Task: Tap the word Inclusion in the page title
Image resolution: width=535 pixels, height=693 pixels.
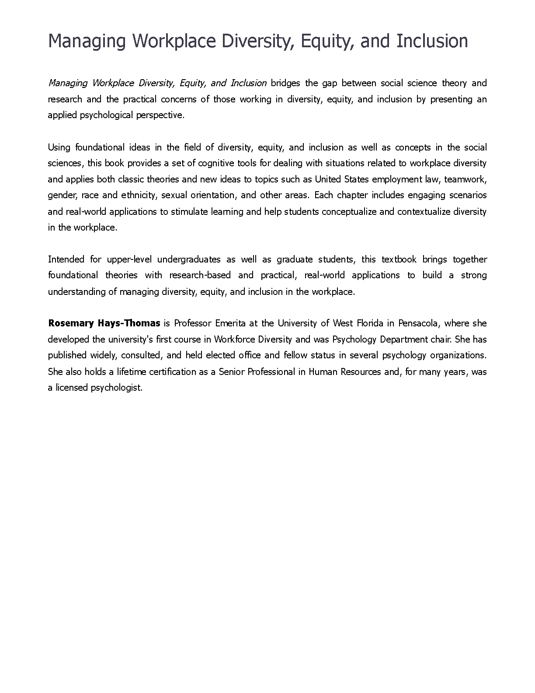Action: (x=432, y=41)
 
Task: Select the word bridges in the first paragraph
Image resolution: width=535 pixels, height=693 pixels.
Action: (x=285, y=83)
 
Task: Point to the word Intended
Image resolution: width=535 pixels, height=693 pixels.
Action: (x=66, y=259)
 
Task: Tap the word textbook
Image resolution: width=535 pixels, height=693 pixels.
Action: (x=399, y=259)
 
